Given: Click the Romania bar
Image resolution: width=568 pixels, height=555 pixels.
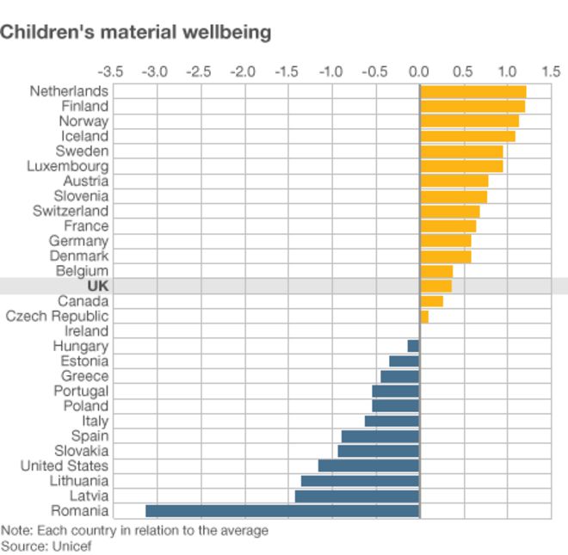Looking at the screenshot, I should [282, 511].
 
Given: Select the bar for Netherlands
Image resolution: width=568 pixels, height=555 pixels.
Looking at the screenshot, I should [472, 91].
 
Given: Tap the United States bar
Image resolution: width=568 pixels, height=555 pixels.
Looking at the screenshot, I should [368, 466].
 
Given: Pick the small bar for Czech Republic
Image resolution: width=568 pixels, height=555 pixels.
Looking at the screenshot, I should [424, 317].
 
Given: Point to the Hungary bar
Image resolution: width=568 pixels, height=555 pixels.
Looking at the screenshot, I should [413, 346].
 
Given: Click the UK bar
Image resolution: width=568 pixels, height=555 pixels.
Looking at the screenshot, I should [435, 286].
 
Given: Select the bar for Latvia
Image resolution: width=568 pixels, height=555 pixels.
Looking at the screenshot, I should [357, 496].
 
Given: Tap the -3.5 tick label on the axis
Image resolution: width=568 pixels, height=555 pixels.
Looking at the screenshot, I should [111, 71].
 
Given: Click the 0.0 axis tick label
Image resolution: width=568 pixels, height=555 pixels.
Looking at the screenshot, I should [419, 71].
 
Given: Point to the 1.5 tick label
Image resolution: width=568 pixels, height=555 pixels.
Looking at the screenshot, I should [551, 71].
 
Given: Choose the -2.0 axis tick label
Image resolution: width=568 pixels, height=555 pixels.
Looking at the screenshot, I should [243, 71].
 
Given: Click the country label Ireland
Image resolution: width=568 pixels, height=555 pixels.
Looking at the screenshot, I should [86, 331].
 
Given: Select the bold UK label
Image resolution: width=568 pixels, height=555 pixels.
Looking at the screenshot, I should [97, 286].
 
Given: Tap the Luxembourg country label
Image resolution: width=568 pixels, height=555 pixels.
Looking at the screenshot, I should [68, 166].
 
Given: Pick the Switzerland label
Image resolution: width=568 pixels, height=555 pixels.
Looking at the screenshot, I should [71, 211].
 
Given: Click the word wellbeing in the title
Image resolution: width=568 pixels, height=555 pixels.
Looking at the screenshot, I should [226, 33].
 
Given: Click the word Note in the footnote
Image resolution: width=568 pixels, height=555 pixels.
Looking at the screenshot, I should [15, 530].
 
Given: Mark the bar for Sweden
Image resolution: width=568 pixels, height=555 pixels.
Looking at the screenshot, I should [461, 151].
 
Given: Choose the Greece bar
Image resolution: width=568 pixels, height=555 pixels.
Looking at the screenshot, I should [400, 376].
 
